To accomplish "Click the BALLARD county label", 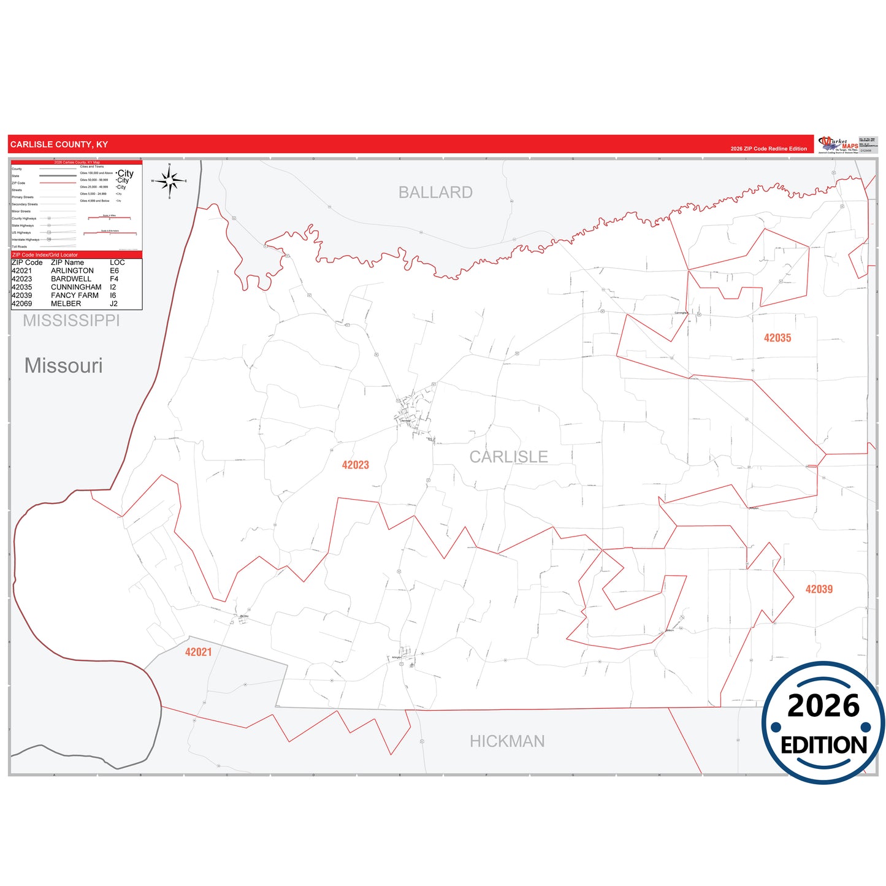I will click(435, 193).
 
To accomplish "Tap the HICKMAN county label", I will click(507, 741).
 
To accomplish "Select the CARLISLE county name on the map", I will click(508, 457).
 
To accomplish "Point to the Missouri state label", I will click(63, 365).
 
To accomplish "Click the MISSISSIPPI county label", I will click(71, 320).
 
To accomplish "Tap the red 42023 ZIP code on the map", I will click(356, 465).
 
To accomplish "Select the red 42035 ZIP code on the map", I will click(777, 338).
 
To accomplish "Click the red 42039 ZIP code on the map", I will click(819, 589).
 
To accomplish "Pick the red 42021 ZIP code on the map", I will click(198, 652).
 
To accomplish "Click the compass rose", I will click(170, 181).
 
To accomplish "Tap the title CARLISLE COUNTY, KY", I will click(59, 145).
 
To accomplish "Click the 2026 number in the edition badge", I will click(823, 706).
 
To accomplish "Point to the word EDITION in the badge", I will click(823, 745).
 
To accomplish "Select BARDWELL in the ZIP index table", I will click(71, 279).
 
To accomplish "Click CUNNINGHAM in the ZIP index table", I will click(76, 287).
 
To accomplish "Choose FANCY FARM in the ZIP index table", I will click(75, 296).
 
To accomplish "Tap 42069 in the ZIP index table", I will click(21, 304).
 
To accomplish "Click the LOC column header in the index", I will click(117, 262).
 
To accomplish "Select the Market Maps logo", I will click(838, 145).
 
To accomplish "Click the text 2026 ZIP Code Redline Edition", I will click(768, 149).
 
